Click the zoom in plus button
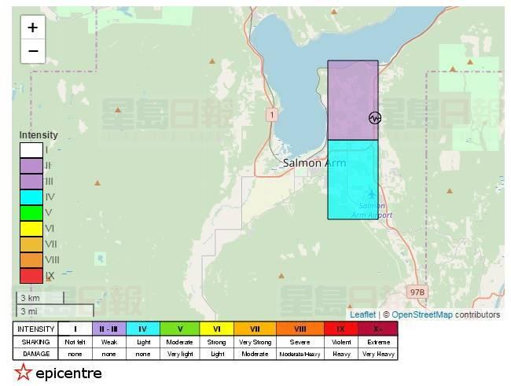tap(32, 28)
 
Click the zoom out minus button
tap(32, 51)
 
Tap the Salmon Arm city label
tap(314, 163)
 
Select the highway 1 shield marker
tap(272, 115)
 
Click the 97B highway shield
tap(417, 292)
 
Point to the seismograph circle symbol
tap(374, 118)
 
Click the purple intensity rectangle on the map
tap(352, 100)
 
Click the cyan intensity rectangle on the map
tap(352, 179)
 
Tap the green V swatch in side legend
tap(31, 212)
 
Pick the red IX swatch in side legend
tap(31, 275)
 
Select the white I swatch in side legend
tap(31, 149)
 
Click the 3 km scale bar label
tap(30, 299)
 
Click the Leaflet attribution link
tap(362, 314)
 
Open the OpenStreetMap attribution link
tap(422, 314)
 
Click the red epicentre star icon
tap(23, 373)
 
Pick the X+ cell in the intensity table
tap(378, 329)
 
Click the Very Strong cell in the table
tap(255, 342)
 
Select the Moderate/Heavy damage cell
tap(300, 355)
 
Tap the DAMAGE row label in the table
tap(35, 355)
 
